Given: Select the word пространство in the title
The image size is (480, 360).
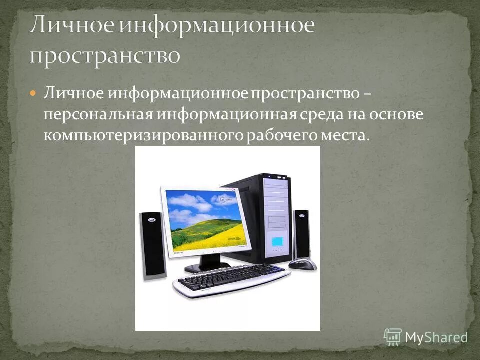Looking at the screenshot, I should tap(104, 55).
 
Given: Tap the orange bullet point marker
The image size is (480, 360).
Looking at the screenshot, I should tap(33, 93).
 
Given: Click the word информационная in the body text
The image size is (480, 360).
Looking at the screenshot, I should tap(228, 115).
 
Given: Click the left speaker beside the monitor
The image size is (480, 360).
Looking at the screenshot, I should tap(153, 245).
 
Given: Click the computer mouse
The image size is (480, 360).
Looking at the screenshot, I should tap(303, 264).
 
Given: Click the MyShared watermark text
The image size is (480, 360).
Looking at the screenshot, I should tap(436, 337).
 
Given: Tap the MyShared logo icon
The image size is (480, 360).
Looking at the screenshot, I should tap(393, 337).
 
